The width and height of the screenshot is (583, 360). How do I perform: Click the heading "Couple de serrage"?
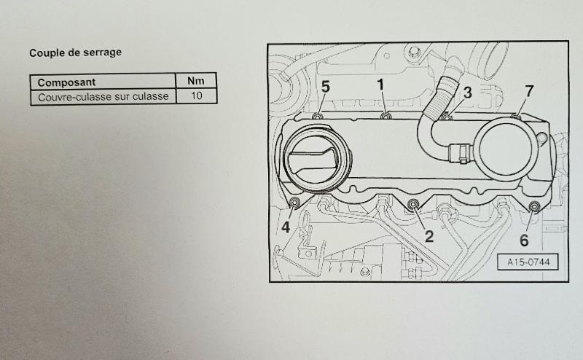click(x=76, y=52)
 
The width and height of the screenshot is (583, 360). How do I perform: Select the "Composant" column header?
click(x=66, y=82)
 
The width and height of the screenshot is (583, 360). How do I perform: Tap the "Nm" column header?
click(x=195, y=81)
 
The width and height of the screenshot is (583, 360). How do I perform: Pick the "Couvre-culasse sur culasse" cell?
click(x=103, y=97)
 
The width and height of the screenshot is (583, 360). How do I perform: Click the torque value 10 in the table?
click(x=196, y=96)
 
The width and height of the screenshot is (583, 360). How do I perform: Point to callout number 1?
click(x=380, y=85)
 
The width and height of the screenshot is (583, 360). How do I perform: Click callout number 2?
click(x=429, y=236)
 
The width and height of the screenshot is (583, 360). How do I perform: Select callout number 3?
click(x=467, y=93)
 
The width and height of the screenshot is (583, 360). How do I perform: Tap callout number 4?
click(x=286, y=227)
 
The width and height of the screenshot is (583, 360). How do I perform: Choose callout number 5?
click(x=325, y=87)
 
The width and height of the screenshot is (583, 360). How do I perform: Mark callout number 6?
click(x=524, y=240)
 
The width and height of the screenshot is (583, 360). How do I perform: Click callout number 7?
click(x=530, y=91)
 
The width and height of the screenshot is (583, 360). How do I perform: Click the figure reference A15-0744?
click(x=528, y=262)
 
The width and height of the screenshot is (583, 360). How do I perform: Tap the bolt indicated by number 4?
click(x=295, y=203)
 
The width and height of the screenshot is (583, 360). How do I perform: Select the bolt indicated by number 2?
click(x=413, y=204)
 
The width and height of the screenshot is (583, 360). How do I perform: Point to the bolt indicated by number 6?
click(x=534, y=206)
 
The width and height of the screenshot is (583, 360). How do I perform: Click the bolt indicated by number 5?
click(x=317, y=117)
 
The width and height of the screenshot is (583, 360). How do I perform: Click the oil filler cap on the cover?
click(x=315, y=159)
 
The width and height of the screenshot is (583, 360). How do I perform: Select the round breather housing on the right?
click(x=508, y=148)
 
